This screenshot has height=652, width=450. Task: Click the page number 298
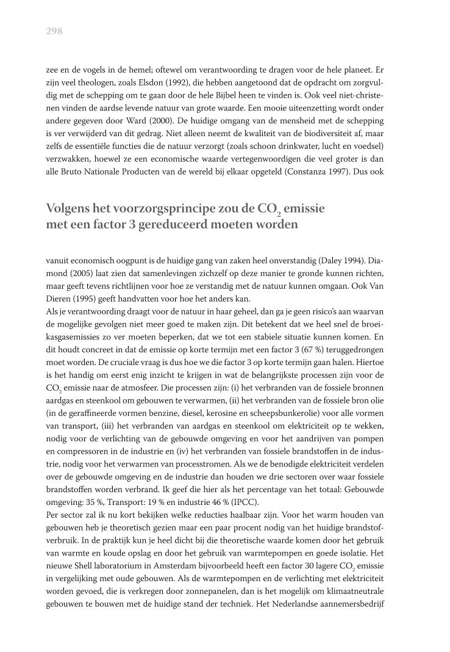(54, 31)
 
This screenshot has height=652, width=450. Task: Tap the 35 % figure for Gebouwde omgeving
(86, 501)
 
